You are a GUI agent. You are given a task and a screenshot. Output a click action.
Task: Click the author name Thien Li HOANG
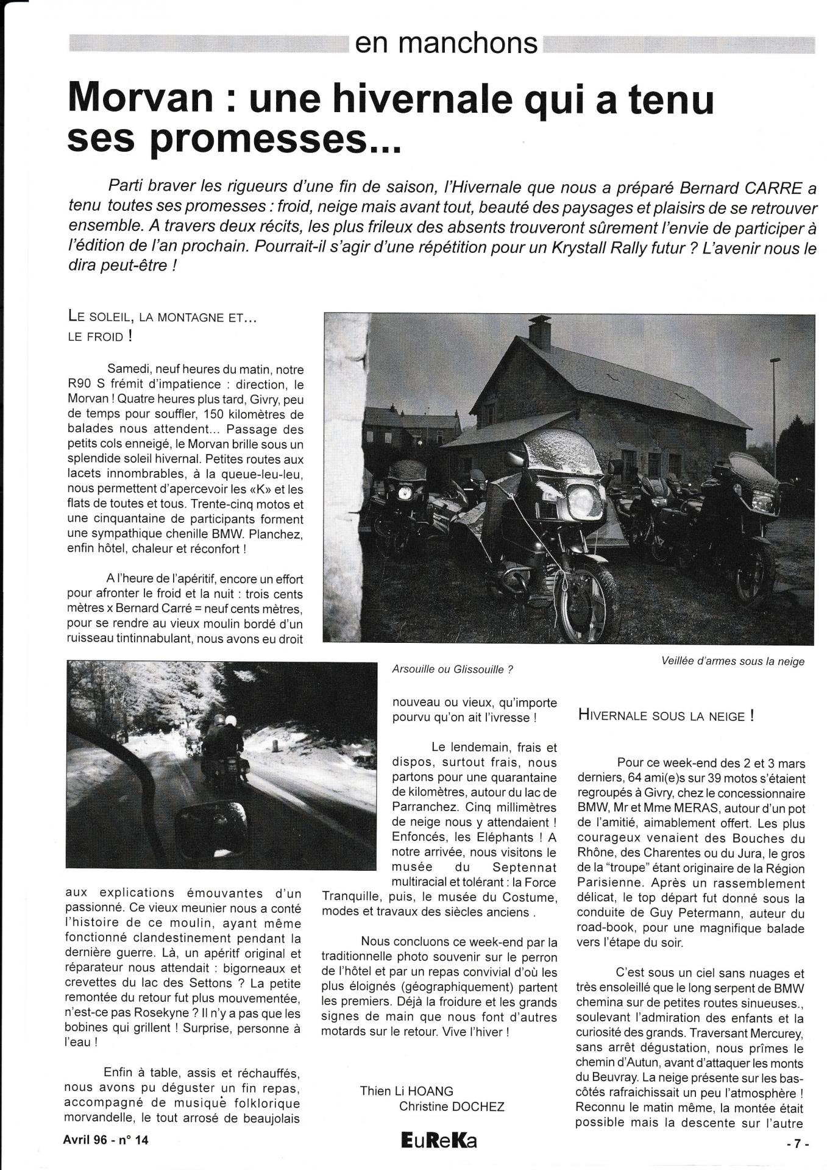coord(406,1091)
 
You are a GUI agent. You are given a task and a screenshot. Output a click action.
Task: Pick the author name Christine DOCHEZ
coord(452,1106)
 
